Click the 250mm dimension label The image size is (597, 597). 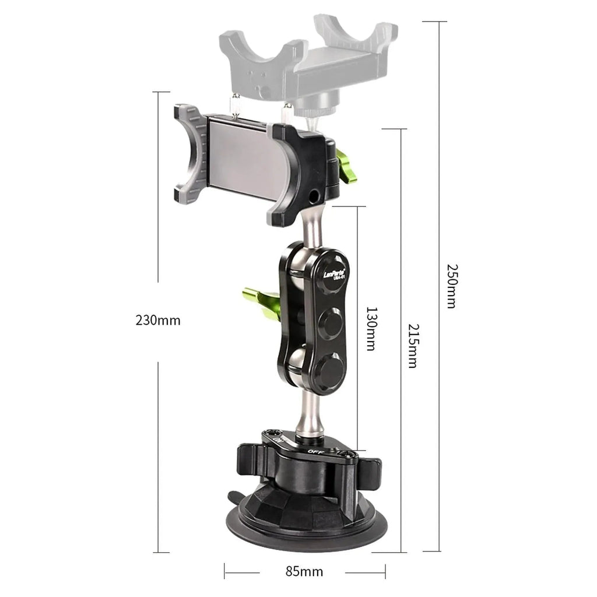tap(451, 286)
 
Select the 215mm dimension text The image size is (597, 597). tap(412, 345)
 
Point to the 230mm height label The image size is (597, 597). tap(158, 320)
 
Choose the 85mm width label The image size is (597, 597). tap(304, 571)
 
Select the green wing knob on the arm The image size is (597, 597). tap(261, 301)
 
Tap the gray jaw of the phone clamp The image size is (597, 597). tap(191, 152)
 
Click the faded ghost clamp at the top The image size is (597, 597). tap(309, 58)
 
